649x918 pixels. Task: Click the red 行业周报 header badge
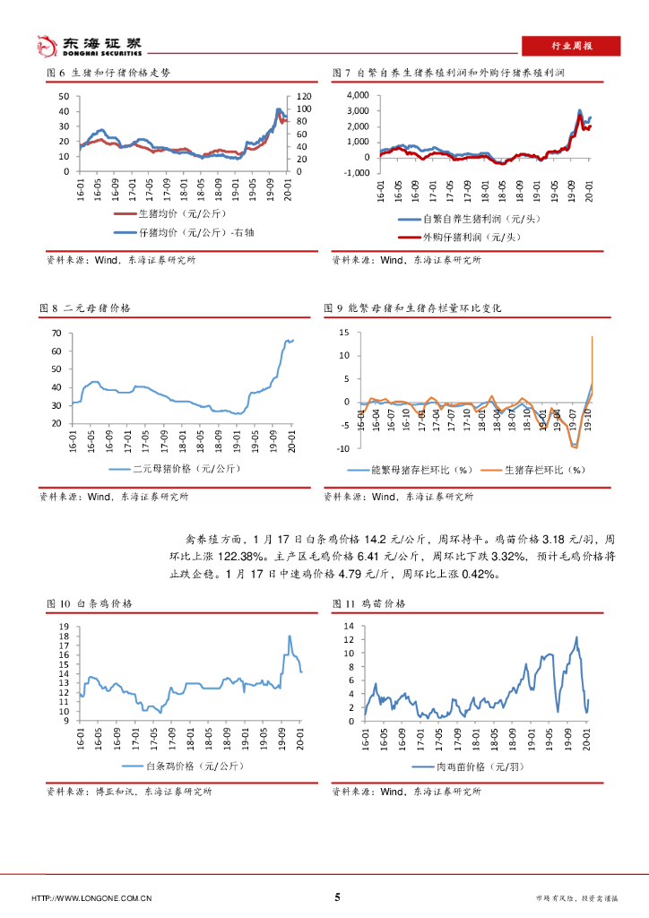tap(570, 46)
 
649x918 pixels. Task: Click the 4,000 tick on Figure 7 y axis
tap(357, 94)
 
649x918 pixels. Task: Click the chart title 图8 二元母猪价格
tap(88, 307)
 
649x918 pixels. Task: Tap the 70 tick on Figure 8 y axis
tap(56, 333)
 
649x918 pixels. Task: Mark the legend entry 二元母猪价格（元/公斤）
tap(174, 469)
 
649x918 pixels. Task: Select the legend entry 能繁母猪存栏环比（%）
tap(421, 469)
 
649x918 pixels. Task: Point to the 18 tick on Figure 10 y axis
tap(63, 637)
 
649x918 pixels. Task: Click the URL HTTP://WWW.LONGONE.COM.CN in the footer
tap(91, 898)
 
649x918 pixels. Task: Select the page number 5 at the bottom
tap(337, 897)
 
